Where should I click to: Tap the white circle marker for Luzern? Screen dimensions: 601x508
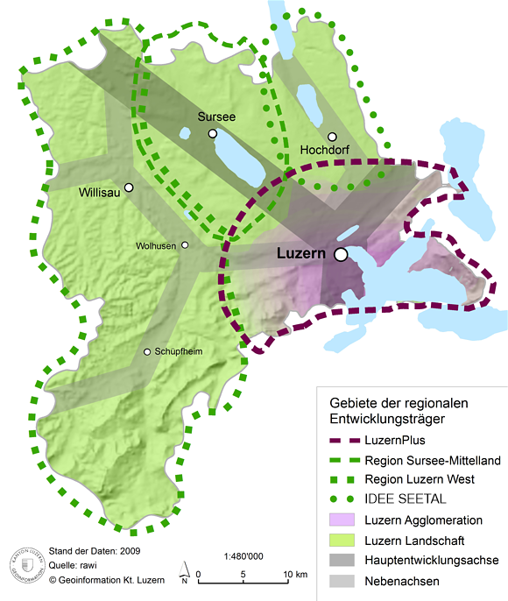pos(340,254)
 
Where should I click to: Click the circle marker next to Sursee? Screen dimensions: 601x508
pos(212,133)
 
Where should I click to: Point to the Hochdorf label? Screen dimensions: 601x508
pos(325,151)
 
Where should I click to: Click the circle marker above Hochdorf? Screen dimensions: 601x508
pos(333,137)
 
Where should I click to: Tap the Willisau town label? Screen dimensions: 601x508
pos(99,191)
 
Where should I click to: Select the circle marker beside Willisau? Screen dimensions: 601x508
pos(129,187)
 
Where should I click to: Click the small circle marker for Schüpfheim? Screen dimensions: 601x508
pos(147,352)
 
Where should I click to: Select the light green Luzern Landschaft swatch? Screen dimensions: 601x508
pos(344,540)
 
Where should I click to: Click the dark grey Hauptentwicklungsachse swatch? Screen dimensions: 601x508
pos(344,560)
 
